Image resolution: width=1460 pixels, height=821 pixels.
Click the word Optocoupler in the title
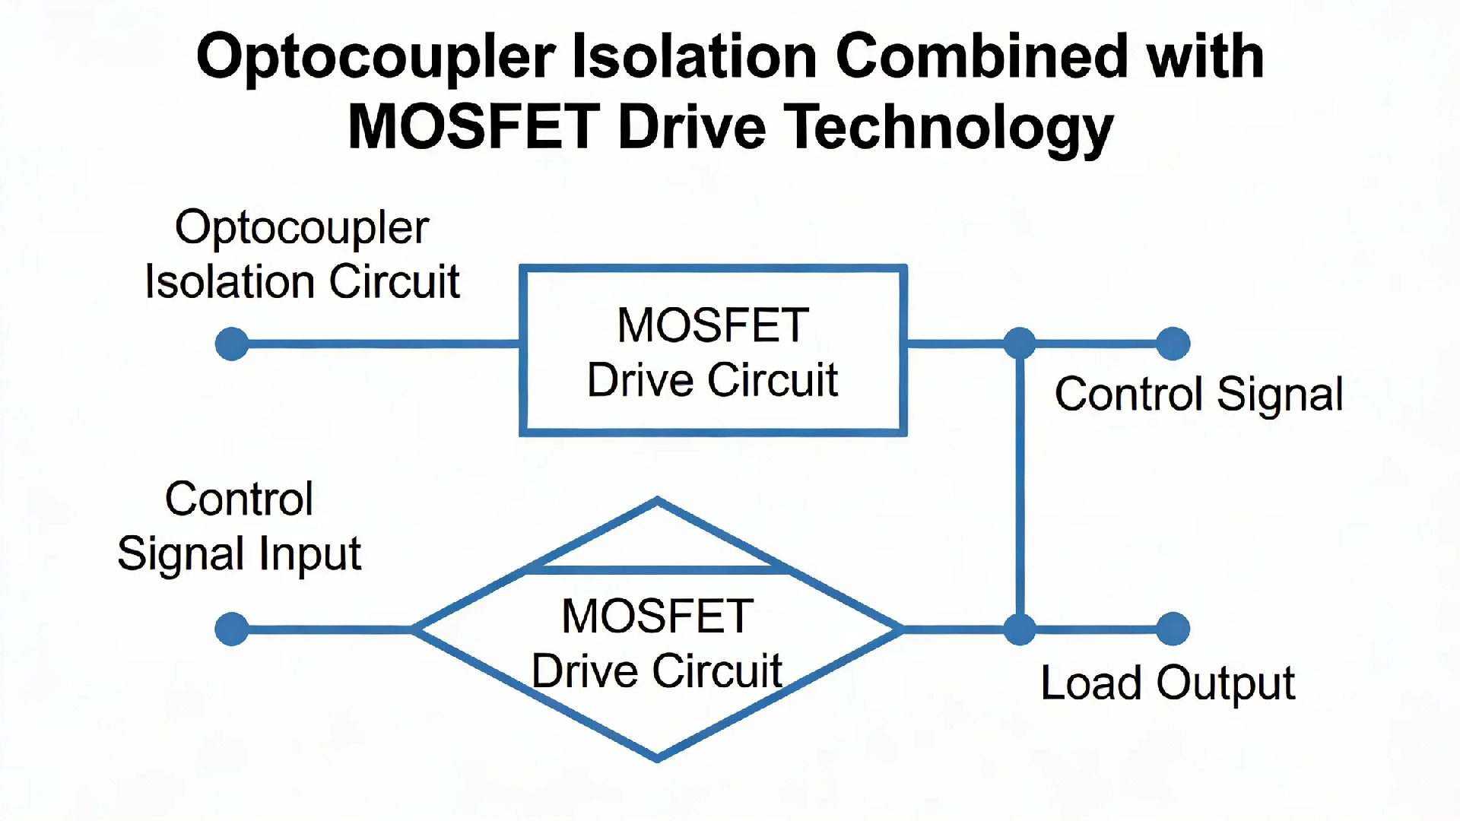pyautogui.click(x=376, y=58)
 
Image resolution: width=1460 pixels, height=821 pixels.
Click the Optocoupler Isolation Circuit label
pyautogui.click(x=302, y=255)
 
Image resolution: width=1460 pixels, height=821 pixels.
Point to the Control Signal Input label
pyautogui.click(x=239, y=526)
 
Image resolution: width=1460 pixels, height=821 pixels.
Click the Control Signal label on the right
pyautogui.click(x=1198, y=395)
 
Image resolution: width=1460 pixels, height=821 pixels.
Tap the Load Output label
pyautogui.click(x=1167, y=683)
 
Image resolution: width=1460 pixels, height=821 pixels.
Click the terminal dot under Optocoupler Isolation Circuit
pyautogui.click(x=232, y=344)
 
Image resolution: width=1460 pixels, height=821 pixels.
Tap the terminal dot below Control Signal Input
pyautogui.click(x=232, y=629)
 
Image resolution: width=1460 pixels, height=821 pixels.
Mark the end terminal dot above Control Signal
pyautogui.click(x=1173, y=344)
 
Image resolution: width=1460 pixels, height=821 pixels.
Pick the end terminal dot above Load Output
pyautogui.click(x=1173, y=629)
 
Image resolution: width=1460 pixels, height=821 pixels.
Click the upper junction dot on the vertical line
pyautogui.click(x=1020, y=344)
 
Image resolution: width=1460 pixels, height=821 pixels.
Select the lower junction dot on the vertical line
pyautogui.click(x=1020, y=629)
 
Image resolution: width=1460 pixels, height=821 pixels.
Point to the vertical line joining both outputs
pyautogui.click(x=1020, y=487)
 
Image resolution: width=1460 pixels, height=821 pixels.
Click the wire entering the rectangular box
pyautogui.click(x=380, y=344)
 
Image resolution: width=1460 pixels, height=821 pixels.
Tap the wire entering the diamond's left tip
pyautogui.click(x=327, y=629)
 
